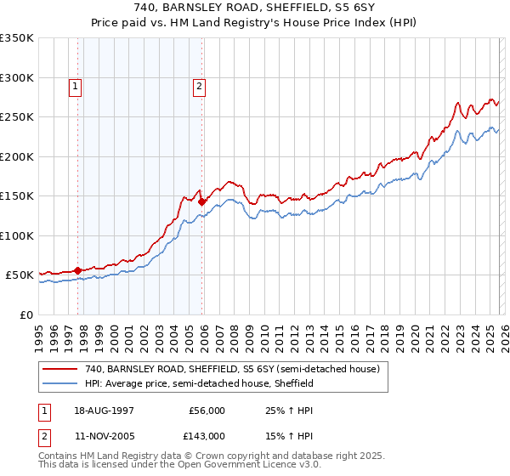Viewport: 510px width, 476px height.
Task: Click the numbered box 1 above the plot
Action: [x=75, y=85]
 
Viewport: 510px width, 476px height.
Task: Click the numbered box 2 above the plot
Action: [x=199, y=85]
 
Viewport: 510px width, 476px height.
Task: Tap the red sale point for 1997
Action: [x=78, y=270]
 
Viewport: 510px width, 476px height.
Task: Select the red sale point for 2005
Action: [x=202, y=201]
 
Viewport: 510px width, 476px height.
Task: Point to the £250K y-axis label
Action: [x=17, y=117]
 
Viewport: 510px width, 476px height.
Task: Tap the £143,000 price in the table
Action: [x=207, y=436]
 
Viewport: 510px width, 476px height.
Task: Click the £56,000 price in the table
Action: [x=207, y=410]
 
